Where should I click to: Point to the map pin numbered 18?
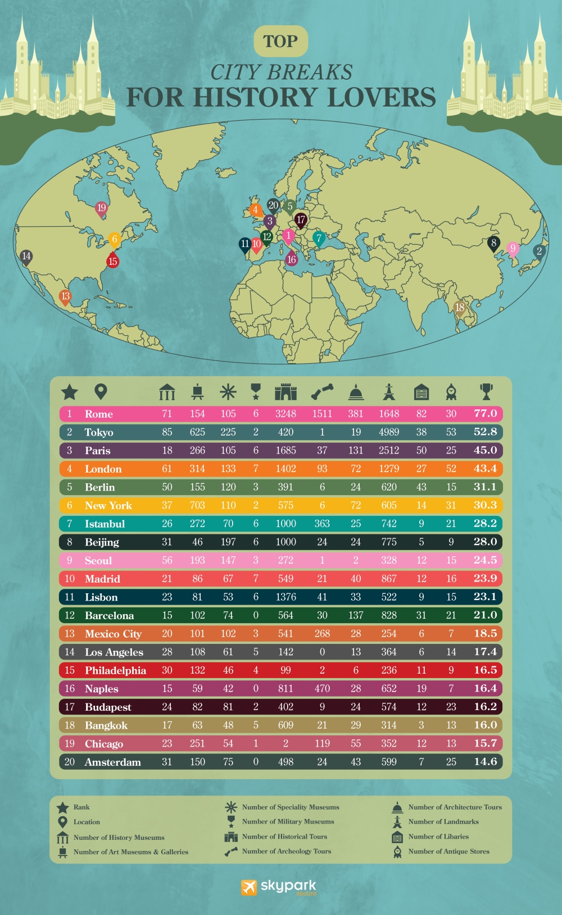pyautogui.click(x=460, y=308)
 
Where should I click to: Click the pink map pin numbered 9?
pyautogui.click(x=513, y=249)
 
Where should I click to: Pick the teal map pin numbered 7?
pyautogui.click(x=319, y=239)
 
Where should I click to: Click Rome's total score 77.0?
pyautogui.click(x=485, y=414)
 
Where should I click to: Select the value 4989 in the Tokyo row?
pyautogui.click(x=389, y=432)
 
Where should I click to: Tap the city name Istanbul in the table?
pyautogui.click(x=105, y=524)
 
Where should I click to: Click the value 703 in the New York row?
pyautogui.click(x=197, y=505)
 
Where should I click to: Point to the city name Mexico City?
pyautogui.click(x=113, y=634)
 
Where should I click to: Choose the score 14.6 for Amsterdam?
pyautogui.click(x=485, y=762)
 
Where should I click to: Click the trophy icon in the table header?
pyautogui.click(x=486, y=391)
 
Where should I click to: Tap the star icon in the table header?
pyautogui.click(x=70, y=392)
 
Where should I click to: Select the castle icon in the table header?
pyautogui.click(x=285, y=392)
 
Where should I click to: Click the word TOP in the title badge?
pyautogui.click(x=280, y=42)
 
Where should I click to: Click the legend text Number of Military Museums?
pyautogui.click(x=288, y=822)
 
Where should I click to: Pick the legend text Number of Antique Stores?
pyautogui.click(x=448, y=852)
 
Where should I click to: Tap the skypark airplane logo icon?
pyautogui.click(x=248, y=887)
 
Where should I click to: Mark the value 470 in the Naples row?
pyautogui.click(x=322, y=689)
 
